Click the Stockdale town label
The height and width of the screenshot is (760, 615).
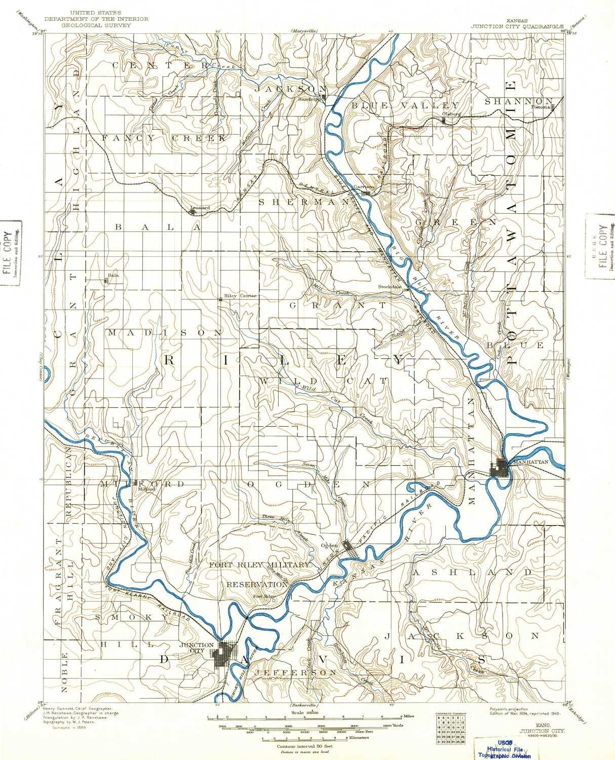click(390, 286)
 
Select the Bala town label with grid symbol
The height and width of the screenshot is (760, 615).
click(112, 276)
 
